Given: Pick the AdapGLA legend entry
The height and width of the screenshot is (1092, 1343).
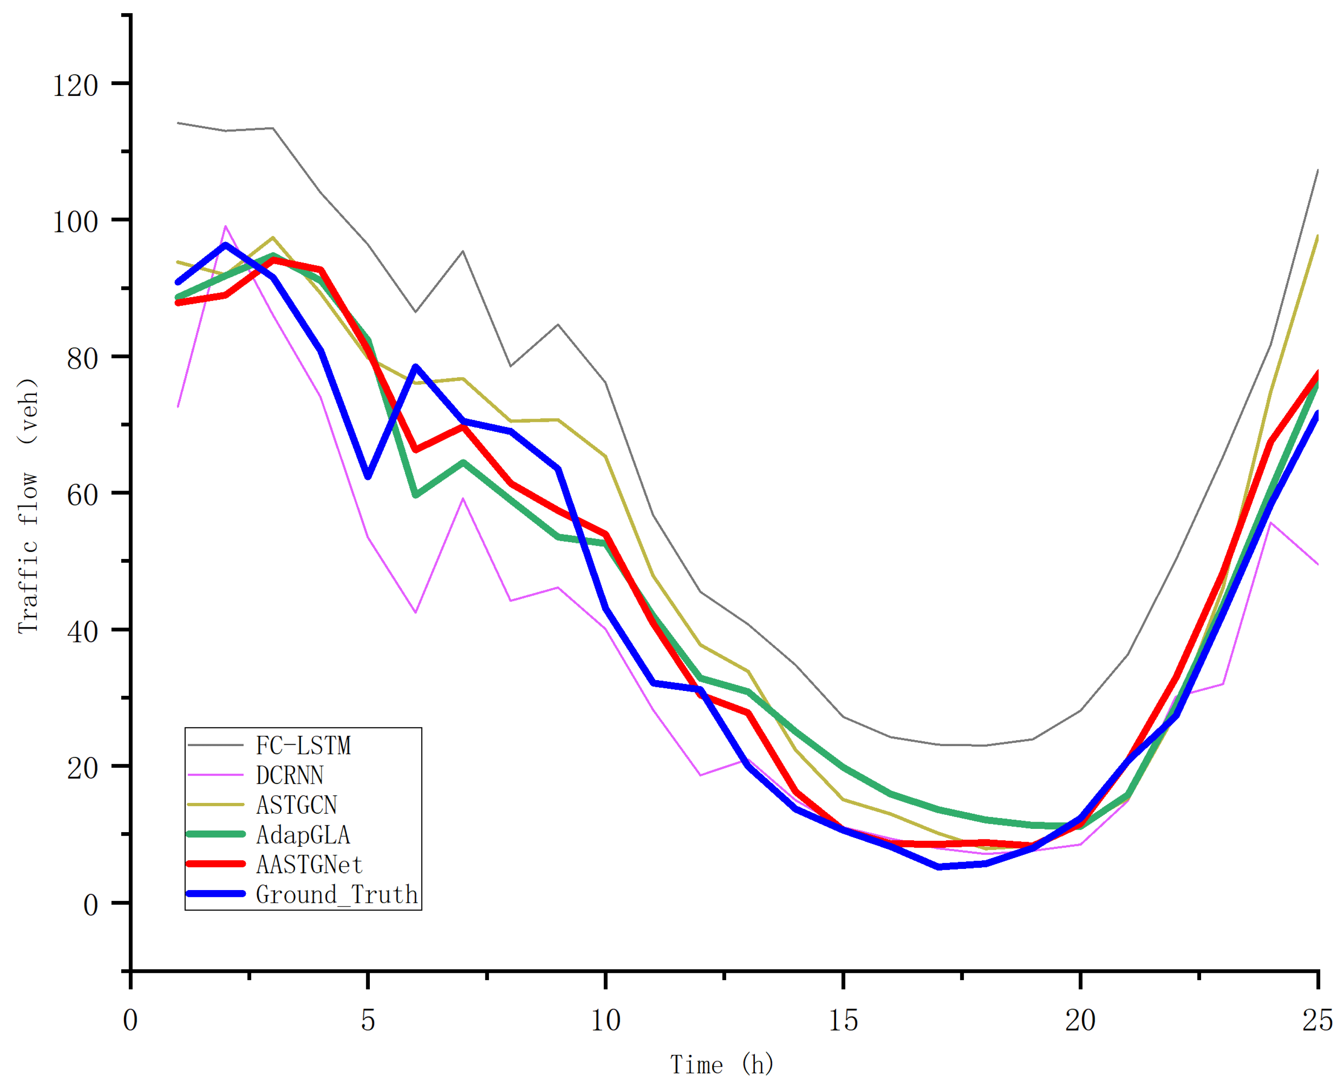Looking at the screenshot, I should pos(303,835).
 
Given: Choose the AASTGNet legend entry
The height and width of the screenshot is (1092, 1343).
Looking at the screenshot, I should pos(309,864).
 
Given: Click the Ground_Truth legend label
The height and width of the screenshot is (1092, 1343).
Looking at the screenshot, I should pos(337,894).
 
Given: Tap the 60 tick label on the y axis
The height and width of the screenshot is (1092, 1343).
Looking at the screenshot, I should pos(82,495).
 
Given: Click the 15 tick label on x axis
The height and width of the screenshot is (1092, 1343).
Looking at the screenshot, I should pos(843,1020).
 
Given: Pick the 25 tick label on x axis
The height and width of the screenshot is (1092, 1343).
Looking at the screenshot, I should pos(1317,1020).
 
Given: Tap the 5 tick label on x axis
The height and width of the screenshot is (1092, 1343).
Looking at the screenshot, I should pos(368,1020).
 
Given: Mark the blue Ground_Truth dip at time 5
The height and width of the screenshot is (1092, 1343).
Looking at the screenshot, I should pos(368,477).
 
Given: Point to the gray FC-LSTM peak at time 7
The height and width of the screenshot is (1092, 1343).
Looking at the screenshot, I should pos(463,252).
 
